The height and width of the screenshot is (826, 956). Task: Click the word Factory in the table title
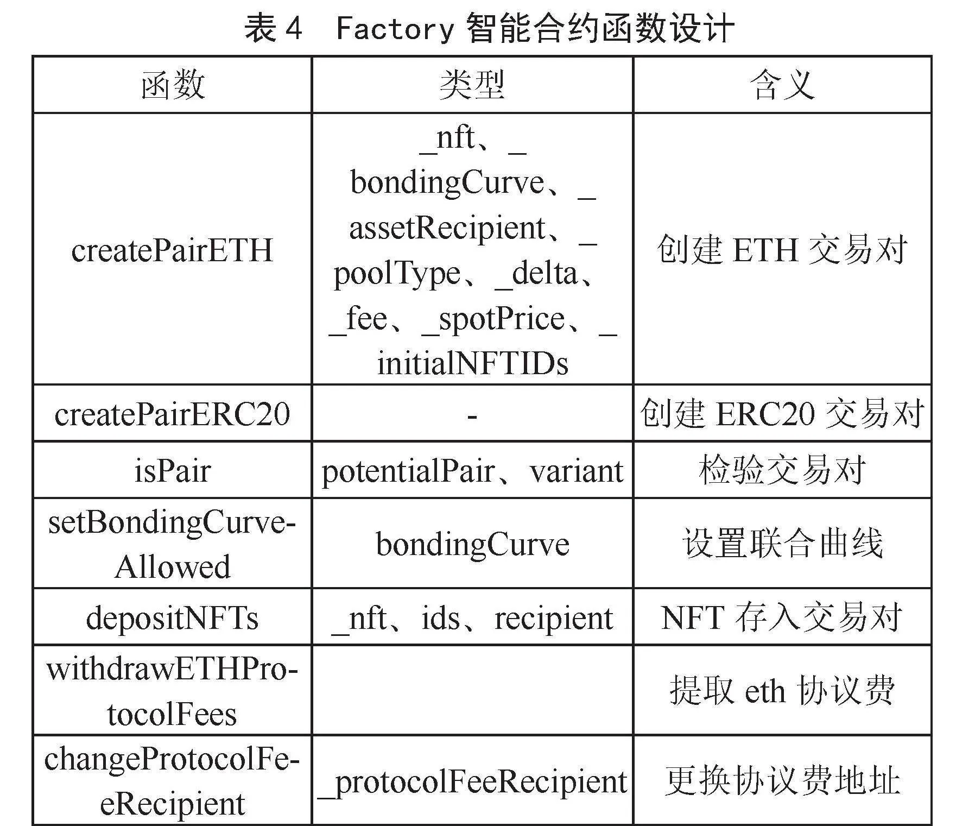395,28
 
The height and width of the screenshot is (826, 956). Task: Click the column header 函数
173,85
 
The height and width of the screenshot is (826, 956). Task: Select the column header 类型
472,85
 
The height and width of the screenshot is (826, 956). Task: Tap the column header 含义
782,85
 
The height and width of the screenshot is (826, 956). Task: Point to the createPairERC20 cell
172,414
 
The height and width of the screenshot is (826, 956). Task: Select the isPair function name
172,470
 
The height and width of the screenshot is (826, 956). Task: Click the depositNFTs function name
172,618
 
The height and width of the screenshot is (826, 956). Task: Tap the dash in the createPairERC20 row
472,417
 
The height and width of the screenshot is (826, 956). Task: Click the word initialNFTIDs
473,363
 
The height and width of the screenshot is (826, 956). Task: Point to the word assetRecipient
447,228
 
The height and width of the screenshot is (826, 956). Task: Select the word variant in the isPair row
577,471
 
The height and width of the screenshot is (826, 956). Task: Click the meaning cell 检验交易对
782,470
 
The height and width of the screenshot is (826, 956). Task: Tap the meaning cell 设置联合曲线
782,544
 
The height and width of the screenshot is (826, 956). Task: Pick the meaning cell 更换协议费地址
782,781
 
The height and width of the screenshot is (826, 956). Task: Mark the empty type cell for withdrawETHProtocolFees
472,690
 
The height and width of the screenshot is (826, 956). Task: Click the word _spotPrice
493,319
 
